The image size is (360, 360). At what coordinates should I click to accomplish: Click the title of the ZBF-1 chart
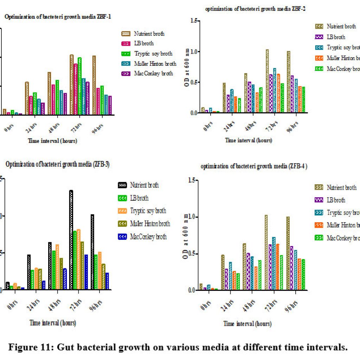[x=58, y=17]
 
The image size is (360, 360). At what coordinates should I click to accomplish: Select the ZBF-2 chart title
[x=255, y=9]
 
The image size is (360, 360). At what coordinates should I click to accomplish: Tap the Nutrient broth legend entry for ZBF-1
[x=143, y=34]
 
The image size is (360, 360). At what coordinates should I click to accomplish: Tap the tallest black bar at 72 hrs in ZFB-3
[x=71, y=240]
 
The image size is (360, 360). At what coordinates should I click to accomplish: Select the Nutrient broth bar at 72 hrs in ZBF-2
[x=267, y=81]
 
